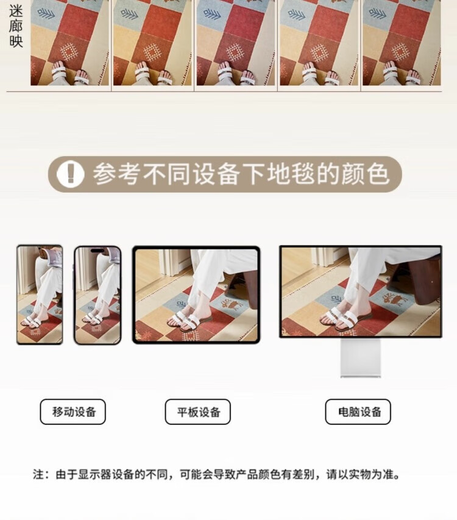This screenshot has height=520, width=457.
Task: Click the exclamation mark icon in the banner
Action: pos(70,174)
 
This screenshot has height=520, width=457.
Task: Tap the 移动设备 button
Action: pos(73,412)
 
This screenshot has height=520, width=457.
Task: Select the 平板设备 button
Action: pos(198,412)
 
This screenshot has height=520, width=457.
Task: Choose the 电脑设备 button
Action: pos(358,412)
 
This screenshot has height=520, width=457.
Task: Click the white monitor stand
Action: pos(361,358)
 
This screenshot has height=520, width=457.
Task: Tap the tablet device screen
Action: pos(197,295)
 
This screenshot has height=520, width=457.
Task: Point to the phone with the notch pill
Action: pos(97,295)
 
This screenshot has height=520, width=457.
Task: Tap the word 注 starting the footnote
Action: pos(38,474)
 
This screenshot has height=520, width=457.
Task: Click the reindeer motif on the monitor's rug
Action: pos(394,299)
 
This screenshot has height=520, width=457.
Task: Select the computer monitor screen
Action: pos(361,291)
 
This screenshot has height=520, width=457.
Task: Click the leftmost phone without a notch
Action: pos(40,294)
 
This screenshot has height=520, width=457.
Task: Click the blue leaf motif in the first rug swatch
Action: pos(46,14)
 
